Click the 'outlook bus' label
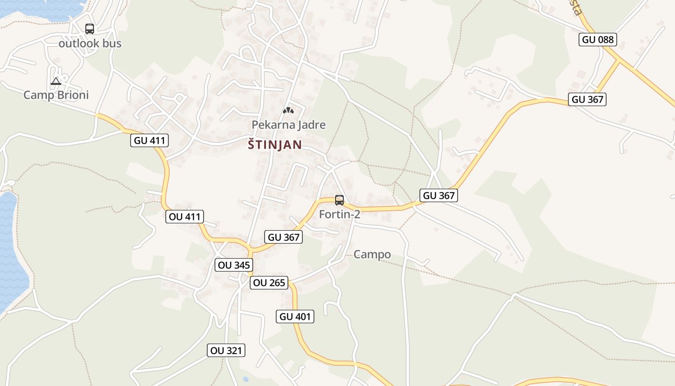[x=90, y=43]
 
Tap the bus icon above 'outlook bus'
[x=90, y=29]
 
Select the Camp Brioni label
[x=56, y=95]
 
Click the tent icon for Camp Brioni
[x=56, y=81]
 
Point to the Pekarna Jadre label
[x=288, y=125]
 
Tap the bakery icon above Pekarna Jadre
[x=288, y=110]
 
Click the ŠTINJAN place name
[x=275, y=145]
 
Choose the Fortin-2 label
[x=339, y=214]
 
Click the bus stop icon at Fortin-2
[x=339, y=200]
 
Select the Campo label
[x=372, y=254]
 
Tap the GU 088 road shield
[x=598, y=40]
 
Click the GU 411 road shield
[x=149, y=141]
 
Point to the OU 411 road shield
[x=185, y=217]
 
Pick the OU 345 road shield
[x=234, y=265]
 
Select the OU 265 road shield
[x=269, y=283]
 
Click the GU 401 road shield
[x=296, y=317]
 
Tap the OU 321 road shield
[x=227, y=350]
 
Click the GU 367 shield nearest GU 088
[x=587, y=99]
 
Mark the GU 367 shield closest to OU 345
[x=283, y=237]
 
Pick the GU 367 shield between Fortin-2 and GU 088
[x=438, y=195]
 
